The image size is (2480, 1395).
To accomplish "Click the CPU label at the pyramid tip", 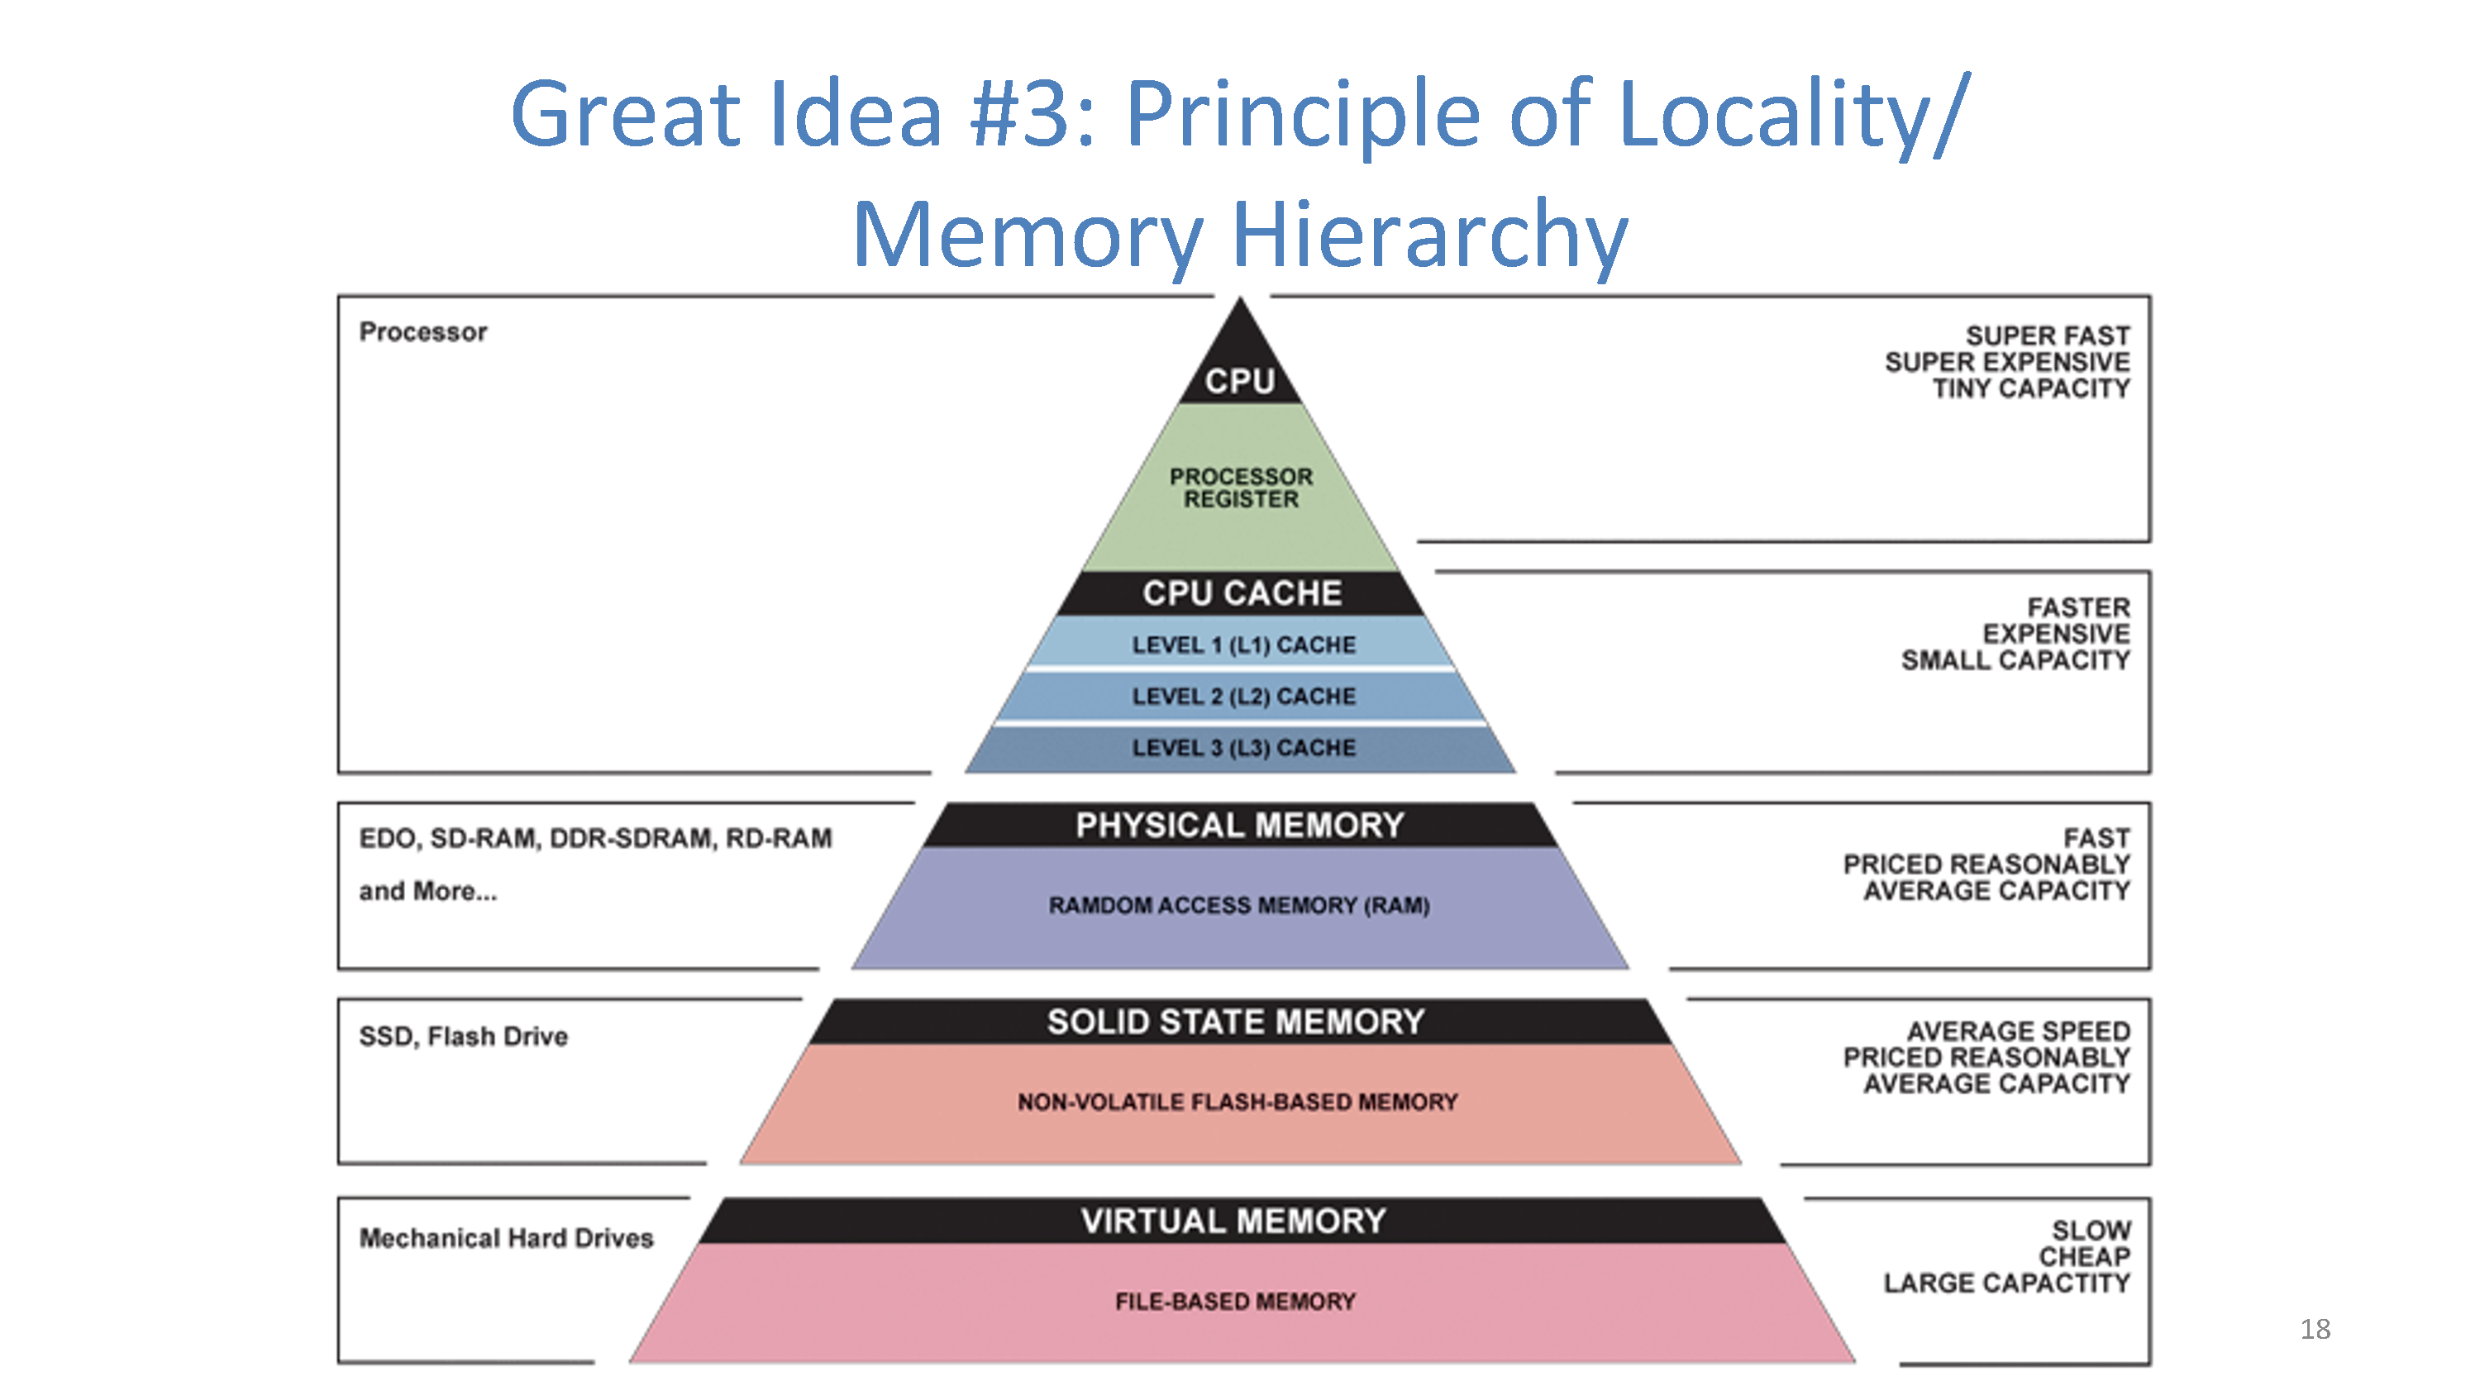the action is click(x=1240, y=381).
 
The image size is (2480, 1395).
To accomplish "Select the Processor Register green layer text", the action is click(x=1241, y=488).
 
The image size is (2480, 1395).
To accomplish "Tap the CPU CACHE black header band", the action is click(x=1241, y=593).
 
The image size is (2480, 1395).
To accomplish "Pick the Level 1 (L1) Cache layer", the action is click(x=1242, y=644).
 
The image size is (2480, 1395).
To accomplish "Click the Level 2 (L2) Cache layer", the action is click(x=1242, y=696).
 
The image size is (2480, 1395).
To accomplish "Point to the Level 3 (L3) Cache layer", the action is click(x=1242, y=749).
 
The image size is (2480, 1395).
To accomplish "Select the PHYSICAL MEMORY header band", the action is click(x=1240, y=825).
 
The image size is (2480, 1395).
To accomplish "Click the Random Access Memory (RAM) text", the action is click(x=1239, y=905).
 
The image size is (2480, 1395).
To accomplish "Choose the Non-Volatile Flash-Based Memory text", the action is click(x=1238, y=1102).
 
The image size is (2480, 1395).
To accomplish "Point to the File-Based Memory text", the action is click(x=1235, y=1302).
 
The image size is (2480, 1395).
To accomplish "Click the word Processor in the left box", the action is click(x=422, y=332).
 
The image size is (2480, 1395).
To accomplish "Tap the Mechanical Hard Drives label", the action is click(x=507, y=1237).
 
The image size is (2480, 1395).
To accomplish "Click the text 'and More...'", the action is click(x=428, y=892).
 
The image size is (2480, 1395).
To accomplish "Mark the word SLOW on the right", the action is click(x=2091, y=1231).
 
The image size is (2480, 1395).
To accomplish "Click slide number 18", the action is click(x=2315, y=1330).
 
